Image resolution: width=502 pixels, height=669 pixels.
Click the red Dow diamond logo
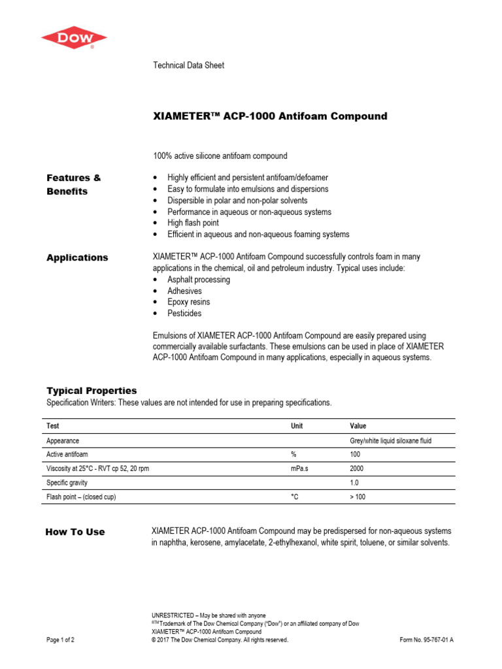pos(74,37)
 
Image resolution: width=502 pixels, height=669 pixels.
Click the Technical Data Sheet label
pos(188,65)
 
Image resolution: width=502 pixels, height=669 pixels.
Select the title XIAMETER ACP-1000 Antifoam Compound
pos(269,116)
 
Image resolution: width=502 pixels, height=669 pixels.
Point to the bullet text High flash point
pos(193,223)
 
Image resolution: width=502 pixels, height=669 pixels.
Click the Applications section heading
pos(77,257)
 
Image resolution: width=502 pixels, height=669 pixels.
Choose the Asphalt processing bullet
pos(199,280)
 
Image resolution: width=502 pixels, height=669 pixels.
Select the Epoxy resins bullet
pos(188,302)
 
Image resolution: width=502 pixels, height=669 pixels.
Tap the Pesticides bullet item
pos(184,314)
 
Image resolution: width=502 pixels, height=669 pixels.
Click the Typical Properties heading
pos(92,391)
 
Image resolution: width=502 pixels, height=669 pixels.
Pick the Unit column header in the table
pos(297,426)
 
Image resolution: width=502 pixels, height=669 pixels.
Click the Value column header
pos(359,426)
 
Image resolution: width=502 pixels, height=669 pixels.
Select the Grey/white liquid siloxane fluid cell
pos(391,441)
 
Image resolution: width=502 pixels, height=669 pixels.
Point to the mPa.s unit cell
pos(300,469)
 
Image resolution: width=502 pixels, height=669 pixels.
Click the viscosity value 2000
pos(358,469)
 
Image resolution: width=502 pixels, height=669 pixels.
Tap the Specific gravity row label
pos(67,483)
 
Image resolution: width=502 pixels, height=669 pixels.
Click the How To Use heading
pos(75,532)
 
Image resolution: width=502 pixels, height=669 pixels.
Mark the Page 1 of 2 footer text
pos(60,640)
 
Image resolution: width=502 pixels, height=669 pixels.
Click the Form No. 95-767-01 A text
pos(426,640)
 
